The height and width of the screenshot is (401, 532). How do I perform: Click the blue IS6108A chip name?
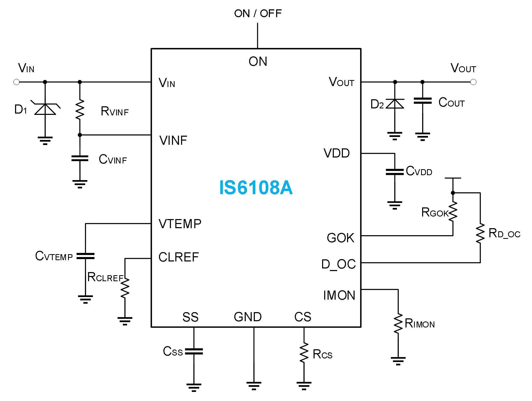coord(256,188)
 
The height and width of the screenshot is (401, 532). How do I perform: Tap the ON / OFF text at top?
coord(258,14)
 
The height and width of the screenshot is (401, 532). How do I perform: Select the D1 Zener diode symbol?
coord(45,109)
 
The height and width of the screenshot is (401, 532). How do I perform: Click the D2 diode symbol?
coord(395,104)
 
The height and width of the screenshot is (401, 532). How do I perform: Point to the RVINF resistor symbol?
coord(80,110)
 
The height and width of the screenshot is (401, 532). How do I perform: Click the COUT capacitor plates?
coord(423,101)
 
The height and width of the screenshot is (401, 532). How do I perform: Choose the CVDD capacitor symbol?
coord(395,172)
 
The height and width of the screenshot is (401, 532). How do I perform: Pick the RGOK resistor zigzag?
coord(453,212)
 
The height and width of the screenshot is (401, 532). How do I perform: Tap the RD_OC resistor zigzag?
coord(480,233)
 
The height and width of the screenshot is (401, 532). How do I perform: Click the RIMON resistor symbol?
coord(398,324)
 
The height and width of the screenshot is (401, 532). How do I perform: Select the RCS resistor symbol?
coord(304,353)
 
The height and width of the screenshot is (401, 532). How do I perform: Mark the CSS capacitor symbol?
coord(194,352)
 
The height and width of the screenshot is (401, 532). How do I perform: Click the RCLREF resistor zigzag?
coord(125,288)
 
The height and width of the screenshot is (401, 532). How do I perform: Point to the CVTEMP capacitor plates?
coord(85,256)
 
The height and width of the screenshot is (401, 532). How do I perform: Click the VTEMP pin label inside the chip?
coord(180,224)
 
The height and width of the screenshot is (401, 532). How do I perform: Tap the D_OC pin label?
coord(338,264)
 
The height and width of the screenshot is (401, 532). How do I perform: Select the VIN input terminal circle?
coord(16,82)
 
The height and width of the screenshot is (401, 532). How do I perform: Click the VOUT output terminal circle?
coord(473,82)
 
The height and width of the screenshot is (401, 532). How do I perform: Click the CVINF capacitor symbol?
coord(80,159)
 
